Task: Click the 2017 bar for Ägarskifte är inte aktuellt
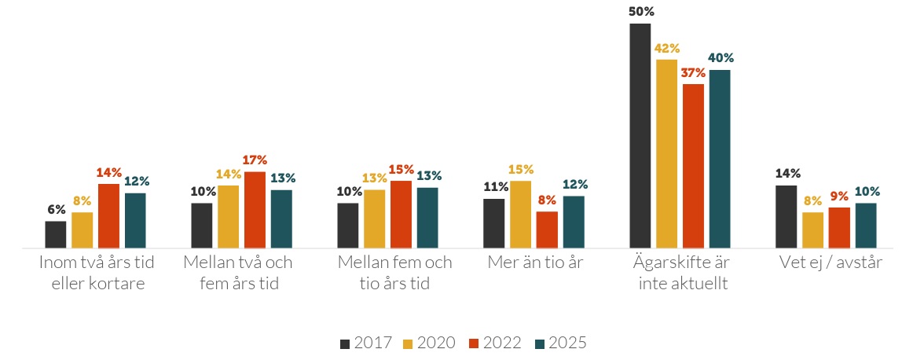(640, 135)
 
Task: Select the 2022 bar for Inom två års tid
(108, 215)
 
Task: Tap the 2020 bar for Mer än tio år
(520, 214)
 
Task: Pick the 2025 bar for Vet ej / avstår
(866, 225)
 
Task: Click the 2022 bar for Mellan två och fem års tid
(255, 209)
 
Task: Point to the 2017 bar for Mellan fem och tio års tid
(347, 225)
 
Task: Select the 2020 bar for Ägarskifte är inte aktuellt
(667, 153)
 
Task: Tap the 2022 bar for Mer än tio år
(547, 229)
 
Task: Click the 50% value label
(641, 12)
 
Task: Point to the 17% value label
(255, 160)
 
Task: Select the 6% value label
(56, 209)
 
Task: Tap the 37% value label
(694, 72)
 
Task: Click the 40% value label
(720, 57)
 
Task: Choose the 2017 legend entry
(365, 343)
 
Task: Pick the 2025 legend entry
(559, 343)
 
